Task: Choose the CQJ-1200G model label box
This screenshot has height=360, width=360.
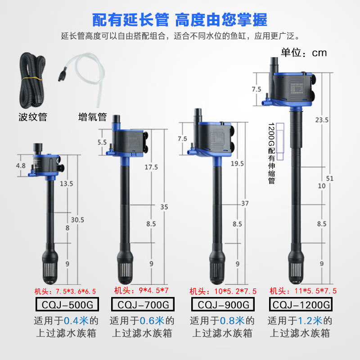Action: [301, 305]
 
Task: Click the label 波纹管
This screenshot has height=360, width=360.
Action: [33, 118]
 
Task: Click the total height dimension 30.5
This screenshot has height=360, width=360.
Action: [77, 220]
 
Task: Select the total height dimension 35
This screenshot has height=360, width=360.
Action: [164, 207]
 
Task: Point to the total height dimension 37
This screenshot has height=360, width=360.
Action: [244, 204]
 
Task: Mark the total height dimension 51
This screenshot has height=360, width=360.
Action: [330, 178]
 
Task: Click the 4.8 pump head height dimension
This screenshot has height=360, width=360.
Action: [21, 165]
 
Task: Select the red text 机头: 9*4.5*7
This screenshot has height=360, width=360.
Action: [141, 291]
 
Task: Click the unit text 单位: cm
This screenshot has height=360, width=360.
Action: [304, 53]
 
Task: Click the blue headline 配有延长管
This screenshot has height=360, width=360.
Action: [130, 20]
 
